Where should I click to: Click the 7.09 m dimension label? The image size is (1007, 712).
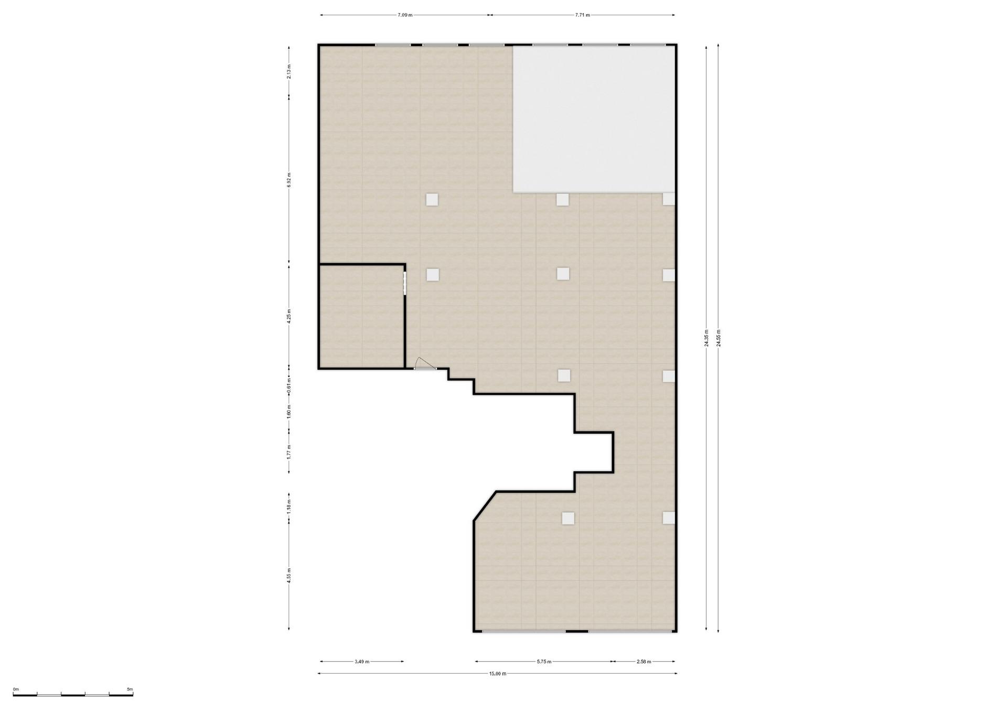pos(405,15)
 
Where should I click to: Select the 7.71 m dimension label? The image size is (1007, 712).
pos(582,15)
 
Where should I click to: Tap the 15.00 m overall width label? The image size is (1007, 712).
pos(498,674)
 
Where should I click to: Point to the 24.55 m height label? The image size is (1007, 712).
pos(718,338)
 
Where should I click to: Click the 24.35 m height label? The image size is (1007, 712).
pos(706,338)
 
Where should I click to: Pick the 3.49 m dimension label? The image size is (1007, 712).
pos(362,662)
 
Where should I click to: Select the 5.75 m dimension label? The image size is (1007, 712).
pos(544,662)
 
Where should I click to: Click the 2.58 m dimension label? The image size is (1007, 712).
pos(644,662)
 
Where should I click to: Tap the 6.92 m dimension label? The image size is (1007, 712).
pos(289,180)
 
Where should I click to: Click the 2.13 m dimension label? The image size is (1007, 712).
pos(289,71)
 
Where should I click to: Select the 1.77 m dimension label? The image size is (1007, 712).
pos(289,452)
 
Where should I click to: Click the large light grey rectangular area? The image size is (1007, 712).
pos(593,119)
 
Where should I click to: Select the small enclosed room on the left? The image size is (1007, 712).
pos(361,317)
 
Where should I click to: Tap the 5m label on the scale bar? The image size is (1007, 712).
pos(130,689)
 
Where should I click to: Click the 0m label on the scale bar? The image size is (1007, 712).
pos(16,689)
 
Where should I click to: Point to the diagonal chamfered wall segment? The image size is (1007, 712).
pos(485,506)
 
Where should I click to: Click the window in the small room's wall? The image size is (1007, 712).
pos(405,283)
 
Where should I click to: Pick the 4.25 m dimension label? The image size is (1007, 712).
pos(289,317)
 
